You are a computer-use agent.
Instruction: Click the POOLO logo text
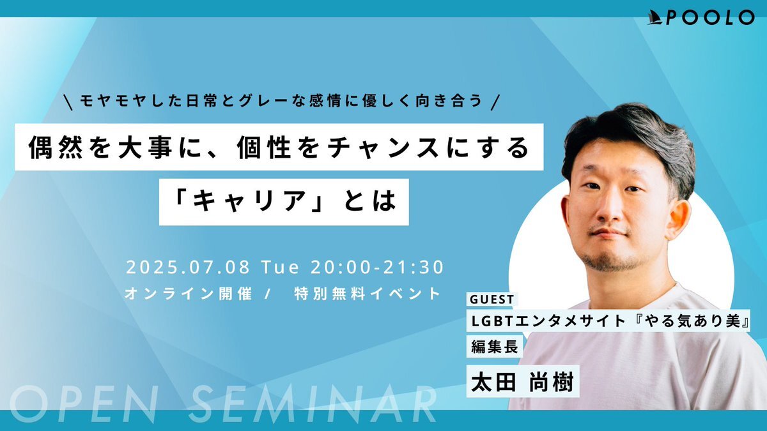pos(711,17)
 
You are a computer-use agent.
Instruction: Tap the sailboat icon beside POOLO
pos(656,18)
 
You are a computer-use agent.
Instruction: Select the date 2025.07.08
pos(188,268)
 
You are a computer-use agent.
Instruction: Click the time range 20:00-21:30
pos(377,268)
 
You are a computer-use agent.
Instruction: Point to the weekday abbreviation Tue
pos(281,268)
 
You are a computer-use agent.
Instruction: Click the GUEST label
pos(492,299)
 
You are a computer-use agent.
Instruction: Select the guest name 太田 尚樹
pos(523,382)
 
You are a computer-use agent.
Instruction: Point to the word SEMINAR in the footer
pos(313,404)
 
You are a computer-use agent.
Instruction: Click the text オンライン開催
pos(189,294)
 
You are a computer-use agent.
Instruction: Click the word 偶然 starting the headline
pos(56,147)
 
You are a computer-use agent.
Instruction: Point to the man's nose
pos(608,209)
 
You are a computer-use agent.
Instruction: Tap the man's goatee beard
pos(612,261)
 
